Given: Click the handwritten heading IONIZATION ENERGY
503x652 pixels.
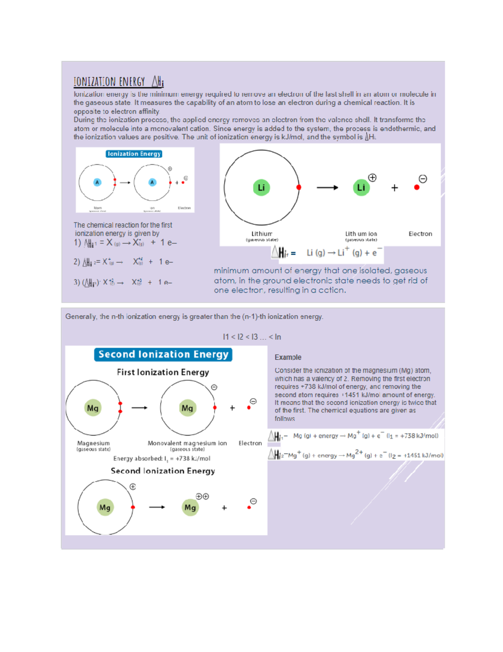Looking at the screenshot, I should (109, 81).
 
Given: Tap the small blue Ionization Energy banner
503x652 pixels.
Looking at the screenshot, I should (134, 154).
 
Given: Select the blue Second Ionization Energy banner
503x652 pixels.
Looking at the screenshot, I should (163, 354).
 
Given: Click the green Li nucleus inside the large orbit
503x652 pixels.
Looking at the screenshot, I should (261, 187).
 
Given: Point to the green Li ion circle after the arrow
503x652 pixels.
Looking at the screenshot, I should (361, 187).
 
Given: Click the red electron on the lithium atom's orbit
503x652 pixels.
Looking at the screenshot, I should (298, 187).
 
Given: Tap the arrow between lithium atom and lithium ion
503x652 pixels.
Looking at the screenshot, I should (327, 188).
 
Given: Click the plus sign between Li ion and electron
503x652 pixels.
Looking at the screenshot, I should (394, 188).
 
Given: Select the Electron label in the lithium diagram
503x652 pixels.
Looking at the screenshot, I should (420, 234).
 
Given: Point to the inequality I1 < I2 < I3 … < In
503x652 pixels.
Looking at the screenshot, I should (252, 337).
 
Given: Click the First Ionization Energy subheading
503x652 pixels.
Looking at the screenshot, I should (163, 372).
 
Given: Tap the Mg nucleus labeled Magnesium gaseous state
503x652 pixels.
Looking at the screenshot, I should (93, 408).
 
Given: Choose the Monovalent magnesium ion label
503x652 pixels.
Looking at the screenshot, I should (187, 443).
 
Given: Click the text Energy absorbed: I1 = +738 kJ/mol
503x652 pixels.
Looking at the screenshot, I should (162, 458).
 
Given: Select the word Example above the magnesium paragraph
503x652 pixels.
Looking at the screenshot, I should (288, 357).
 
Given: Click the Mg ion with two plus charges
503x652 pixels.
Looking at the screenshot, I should (190, 507).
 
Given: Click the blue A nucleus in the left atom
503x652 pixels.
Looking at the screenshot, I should (97, 182).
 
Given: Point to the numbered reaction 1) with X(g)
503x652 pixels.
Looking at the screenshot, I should (125, 243).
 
